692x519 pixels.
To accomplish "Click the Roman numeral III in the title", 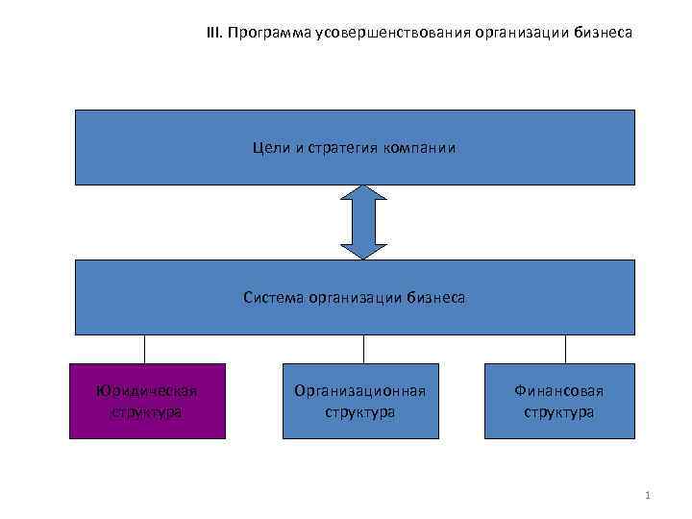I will click(212, 34).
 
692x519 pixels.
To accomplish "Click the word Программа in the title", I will click(263, 34).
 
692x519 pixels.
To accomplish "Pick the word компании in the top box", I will click(418, 148).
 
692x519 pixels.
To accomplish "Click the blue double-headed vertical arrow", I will click(363, 222).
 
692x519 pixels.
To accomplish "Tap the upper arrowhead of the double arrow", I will click(363, 192).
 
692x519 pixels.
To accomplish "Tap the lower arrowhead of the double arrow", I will click(363, 251).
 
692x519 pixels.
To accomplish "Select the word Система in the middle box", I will click(273, 298).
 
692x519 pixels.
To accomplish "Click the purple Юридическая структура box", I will click(147, 401).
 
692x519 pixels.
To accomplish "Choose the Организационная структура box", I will click(359, 401).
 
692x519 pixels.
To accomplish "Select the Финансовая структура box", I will click(558, 401).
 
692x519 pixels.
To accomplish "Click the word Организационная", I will click(359, 391).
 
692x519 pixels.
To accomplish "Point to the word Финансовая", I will click(558, 391).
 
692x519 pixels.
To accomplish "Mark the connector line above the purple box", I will click(145, 349).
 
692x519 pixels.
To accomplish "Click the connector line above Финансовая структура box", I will click(565, 349).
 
